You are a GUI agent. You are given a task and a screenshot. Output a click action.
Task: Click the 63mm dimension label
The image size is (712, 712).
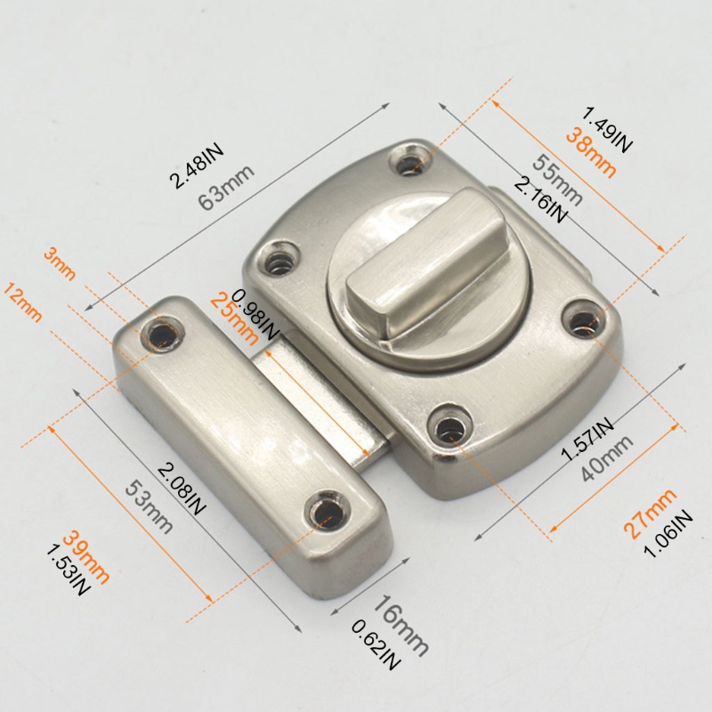[x=226, y=188]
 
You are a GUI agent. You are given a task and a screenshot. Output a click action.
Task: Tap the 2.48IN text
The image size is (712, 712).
[x=196, y=166]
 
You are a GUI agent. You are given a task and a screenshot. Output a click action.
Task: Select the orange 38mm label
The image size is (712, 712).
[x=591, y=153]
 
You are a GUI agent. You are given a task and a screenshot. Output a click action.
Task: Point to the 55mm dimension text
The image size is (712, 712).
[x=557, y=180]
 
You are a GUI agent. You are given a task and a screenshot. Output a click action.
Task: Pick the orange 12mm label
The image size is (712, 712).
[x=22, y=302]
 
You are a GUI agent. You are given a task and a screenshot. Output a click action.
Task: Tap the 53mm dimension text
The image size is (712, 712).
[x=149, y=507]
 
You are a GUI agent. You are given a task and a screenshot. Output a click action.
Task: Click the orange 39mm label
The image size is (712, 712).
[x=86, y=557]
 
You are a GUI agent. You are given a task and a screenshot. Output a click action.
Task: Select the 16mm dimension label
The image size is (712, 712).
[x=400, y=626]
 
